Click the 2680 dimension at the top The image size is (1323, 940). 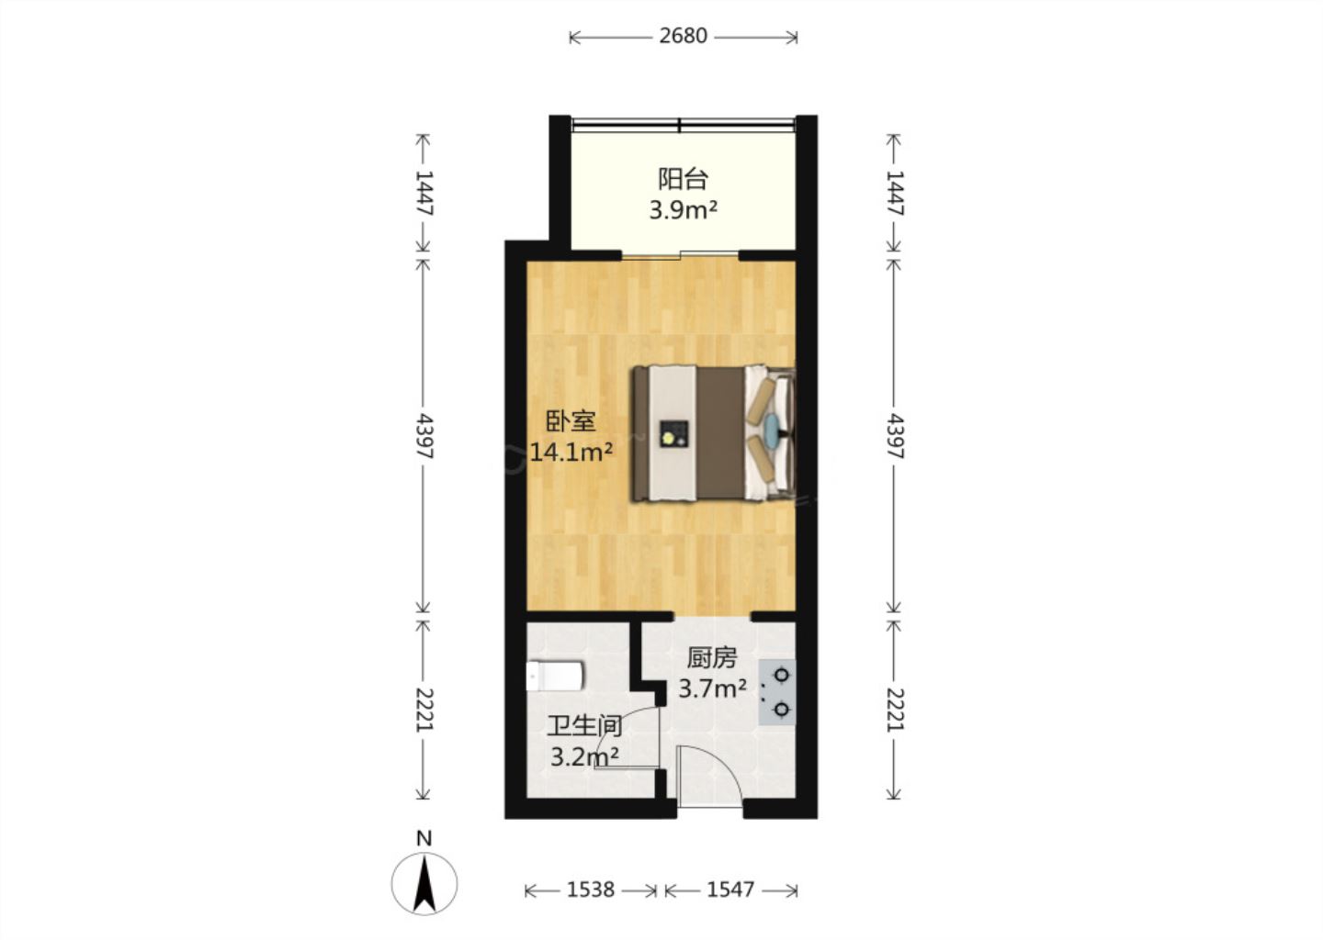(x=683, y=36)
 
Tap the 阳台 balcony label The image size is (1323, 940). (x=684, y=179)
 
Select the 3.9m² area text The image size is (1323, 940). (x=684, y=210)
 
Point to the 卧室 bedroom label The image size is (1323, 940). (x=571, y=421)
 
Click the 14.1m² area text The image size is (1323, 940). (x=571, y=453)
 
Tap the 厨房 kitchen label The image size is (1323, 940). (x=712, y=657)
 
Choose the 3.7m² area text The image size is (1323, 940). (x=712, y=688)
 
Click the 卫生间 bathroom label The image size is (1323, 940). (x=584, y=726)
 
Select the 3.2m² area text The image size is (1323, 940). (x=584, y=756)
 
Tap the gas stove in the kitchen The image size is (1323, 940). (x=777, y=691)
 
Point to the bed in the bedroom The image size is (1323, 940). (x=714, y=433)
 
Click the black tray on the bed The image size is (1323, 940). (x=674, y=435)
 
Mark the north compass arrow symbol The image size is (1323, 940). (x=424, y=884)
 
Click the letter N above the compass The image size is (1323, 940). (x=424, y=838)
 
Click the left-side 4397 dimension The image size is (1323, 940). (x=424, y=436)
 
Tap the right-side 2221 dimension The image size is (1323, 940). (x=896, y=710)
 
